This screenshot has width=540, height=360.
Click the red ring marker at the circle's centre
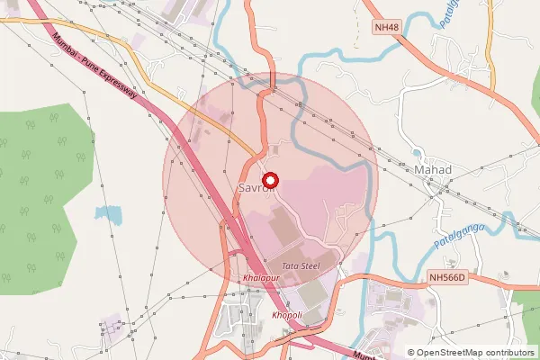click(x=270, y=180)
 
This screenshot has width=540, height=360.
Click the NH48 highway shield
click(x=386, y=27)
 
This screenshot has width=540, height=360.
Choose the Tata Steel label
click(x=301, y=266)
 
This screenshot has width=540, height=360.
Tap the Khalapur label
click(x=261, y=280)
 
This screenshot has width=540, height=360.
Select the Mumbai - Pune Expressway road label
click(x=100, y=72)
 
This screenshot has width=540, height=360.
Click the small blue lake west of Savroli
click(x=108, y=215)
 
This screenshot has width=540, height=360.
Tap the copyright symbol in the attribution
click(x=411, y=353)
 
